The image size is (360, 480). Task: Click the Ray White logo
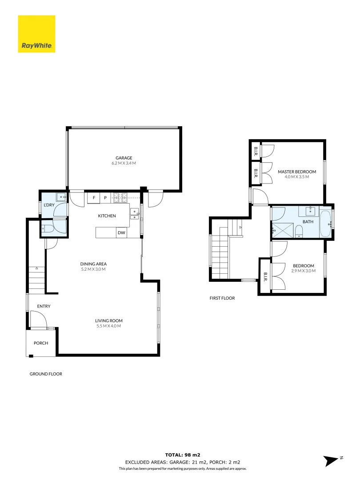tap(36, 34)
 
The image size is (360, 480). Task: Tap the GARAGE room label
tap(124, 158)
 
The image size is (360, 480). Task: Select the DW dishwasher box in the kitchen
tap(121, 232)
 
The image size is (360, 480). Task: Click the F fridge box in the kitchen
tap(94, 197)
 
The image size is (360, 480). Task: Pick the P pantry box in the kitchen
tap(105, 197)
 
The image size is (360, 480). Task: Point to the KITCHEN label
tap(107, 216)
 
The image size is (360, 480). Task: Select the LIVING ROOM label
tap(108, 320)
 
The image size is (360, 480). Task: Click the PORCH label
tap(41, 343)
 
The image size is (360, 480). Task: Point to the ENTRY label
tap(44, 306)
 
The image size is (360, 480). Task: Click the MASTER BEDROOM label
tap(296, 172)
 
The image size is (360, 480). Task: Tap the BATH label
tap(308, 221)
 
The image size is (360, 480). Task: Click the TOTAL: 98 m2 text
tap(183, 455)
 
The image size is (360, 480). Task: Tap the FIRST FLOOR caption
tap(222, 298)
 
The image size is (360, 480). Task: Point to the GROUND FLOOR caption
tap(46, 374)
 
